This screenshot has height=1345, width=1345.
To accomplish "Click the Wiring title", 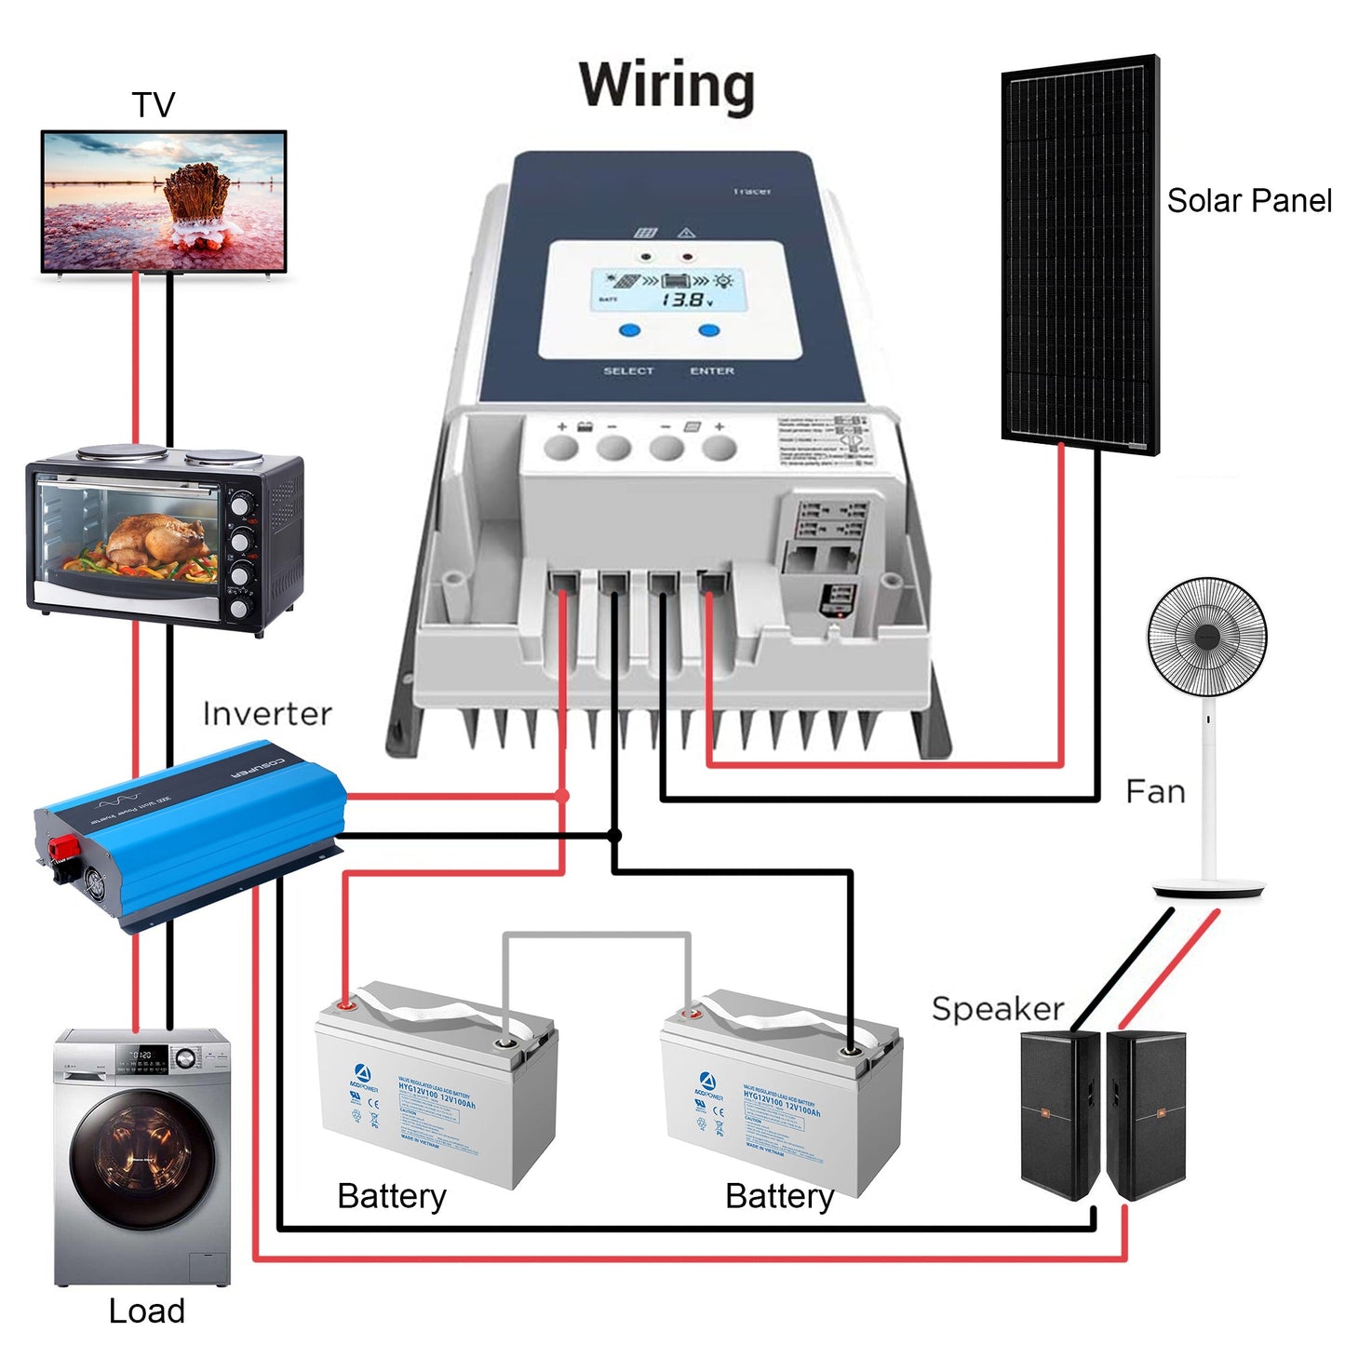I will tap(666, 87).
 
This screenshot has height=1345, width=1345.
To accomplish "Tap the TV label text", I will tap(154, 104).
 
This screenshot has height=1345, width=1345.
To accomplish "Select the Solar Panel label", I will tap(1249, 200).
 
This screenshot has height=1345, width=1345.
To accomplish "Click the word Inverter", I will tap(267, 714).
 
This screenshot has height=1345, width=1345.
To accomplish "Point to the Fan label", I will tap(1155, 791).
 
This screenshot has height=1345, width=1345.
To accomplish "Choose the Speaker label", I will tap(998, 1008).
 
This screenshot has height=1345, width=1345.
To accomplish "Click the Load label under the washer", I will tap(146, 1311).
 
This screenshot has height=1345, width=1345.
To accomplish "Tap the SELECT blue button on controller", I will tap(630, 330).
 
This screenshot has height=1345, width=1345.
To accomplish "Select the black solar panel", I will tap(1080, 251).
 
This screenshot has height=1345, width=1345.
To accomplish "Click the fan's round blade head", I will tap(1206, 636).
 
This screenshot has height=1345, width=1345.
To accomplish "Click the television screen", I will tap(164, 200).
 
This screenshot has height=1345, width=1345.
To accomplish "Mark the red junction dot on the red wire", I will tap(562, 796).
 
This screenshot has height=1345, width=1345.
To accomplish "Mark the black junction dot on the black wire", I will tap(614, 835).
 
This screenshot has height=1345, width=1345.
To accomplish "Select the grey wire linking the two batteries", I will tap(596, 935).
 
